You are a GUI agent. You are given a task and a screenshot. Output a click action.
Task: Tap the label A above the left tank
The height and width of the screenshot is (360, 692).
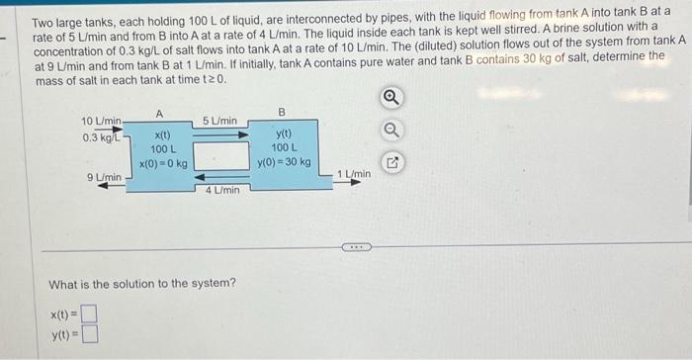159,111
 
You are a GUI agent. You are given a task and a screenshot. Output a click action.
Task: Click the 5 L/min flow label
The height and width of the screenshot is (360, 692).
219,121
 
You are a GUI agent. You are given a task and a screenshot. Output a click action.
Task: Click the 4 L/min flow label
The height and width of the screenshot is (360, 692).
221,189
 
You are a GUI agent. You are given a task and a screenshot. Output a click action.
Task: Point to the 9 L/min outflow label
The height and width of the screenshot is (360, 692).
104,177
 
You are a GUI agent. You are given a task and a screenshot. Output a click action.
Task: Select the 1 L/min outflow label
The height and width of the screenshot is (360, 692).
354,175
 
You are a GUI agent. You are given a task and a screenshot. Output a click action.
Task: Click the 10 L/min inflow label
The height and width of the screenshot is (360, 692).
101,121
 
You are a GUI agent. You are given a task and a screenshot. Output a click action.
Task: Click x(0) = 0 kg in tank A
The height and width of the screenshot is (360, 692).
162,161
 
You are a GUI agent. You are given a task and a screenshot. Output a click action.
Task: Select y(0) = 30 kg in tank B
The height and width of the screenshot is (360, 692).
283,161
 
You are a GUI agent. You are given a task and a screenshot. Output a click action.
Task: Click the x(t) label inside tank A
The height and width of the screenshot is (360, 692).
162,135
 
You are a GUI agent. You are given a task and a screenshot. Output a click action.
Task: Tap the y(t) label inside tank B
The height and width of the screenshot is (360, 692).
283,134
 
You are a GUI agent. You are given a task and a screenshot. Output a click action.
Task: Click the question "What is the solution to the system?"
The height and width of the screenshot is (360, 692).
142,284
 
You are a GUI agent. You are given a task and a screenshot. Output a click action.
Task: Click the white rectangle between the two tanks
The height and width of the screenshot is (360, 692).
219,154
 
